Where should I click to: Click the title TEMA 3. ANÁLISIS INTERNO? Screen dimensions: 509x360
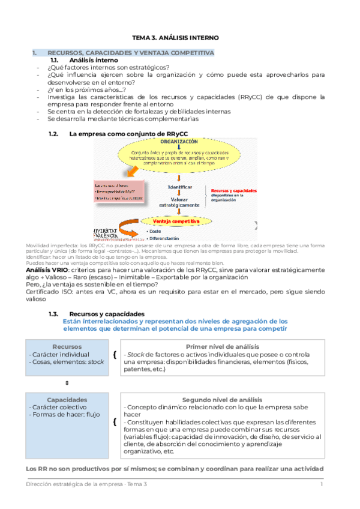click(180, 38)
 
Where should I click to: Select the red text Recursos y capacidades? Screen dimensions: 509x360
click(233, 190)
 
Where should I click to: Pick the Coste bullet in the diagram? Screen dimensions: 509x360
click(155, 231)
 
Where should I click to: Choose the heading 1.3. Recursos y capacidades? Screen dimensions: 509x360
click(106, 313)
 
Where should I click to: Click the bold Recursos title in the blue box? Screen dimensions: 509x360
click(67, 346)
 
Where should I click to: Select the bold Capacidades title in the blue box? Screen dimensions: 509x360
click(67, 400)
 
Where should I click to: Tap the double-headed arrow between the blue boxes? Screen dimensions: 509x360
click(67, 382)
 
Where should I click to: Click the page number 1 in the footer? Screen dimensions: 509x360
click(322, 484)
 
